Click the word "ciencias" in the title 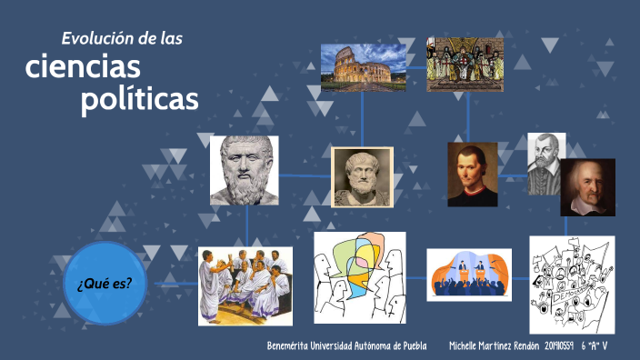[x=83, y=66]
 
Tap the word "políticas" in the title [x=139, y=99]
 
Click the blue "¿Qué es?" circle [x=105, y=283]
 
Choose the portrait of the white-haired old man [x=587, y=187]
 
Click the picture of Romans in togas [x=245, y=285]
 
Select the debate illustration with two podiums [x=469, y=275]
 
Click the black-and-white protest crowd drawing [x=572, y=285]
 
